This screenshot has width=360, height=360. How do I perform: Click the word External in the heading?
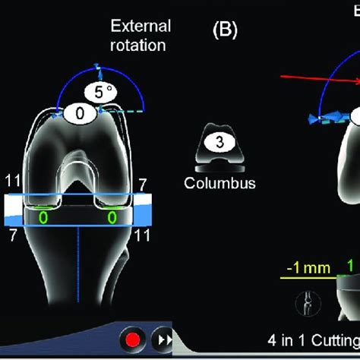tap(141, 27)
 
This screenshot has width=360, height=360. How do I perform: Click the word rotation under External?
tap(141, 44)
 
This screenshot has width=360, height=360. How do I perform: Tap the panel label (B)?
tap(225, 30)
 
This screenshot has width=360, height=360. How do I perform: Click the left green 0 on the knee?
tap(44, 217)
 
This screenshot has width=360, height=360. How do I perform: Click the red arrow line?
tap(319, 80)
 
